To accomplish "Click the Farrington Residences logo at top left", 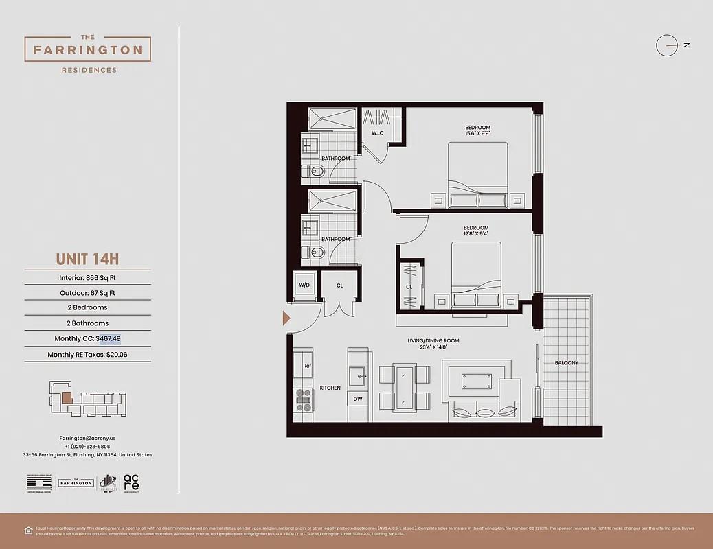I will (x=88, y=50).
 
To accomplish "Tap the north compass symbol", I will (x=667, y=45).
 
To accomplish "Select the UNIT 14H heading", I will (x=87, y=259).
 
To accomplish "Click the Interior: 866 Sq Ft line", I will (x=87, y=278).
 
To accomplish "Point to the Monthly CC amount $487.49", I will (x=109, y=338).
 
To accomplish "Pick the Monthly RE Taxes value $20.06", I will (x=117, y=355).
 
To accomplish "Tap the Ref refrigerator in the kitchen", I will (x=307, y=366).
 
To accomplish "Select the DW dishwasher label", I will (x=357, y=399).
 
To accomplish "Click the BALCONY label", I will (x=567, y=363).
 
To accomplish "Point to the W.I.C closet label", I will (x=377, y=132).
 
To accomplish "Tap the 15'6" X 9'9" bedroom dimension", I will (x=477, y=134).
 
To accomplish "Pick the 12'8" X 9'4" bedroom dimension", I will (x=475, y=235).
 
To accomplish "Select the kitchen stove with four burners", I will (x=304, y=399).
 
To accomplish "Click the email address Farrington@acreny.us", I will (x=87, y=437).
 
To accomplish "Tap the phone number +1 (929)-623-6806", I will (x=87, y=446).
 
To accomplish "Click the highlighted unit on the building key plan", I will (x=67, y=397).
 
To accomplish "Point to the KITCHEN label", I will (x=330, y=388).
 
